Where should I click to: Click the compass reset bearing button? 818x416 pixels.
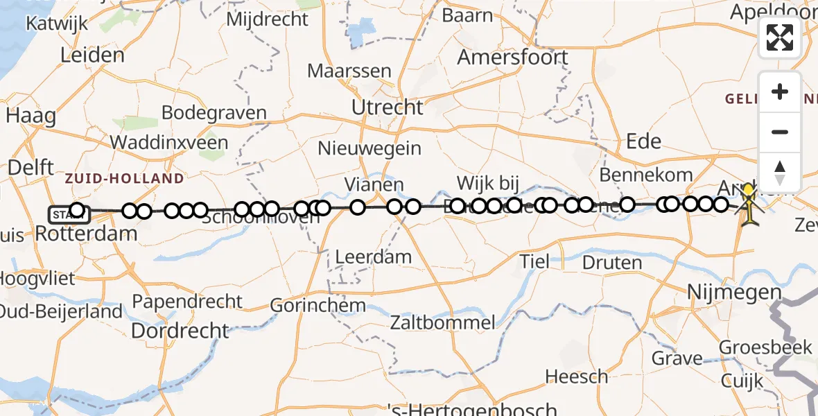(x=780, y=171)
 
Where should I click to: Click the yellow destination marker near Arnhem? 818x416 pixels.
(x=749, y=192)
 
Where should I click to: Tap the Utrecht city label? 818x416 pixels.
(x=387, y=107)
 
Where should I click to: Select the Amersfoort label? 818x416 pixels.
(x=512, y=57)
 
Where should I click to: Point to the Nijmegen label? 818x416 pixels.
(x=734, y=292)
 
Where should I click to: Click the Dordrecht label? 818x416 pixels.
(x=180, y=331)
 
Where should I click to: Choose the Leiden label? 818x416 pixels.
(x=92, y=55)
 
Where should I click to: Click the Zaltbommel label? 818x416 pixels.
(x=443, y=322)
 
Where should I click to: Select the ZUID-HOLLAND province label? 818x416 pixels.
(x=125, y=179)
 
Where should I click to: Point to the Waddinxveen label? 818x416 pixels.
(x=168, y=143)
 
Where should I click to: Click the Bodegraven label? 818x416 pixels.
(x=214, y=113)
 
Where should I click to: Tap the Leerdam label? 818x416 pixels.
(x=373, y=257)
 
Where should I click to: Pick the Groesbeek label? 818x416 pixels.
(x=765, y=347)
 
